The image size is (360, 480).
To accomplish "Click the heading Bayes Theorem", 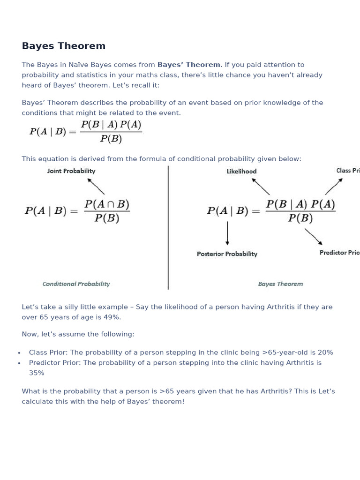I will (64, 46).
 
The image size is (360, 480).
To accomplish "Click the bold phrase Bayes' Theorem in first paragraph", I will (188, 65).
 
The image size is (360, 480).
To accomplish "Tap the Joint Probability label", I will (71, 171).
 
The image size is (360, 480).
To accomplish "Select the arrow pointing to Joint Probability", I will (96, 186).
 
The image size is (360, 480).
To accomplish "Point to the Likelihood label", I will (241, 172).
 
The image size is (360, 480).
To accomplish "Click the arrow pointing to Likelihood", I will (261, 186).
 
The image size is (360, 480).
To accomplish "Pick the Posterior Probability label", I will (227, 254).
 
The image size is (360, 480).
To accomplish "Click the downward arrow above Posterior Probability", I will (227, 233).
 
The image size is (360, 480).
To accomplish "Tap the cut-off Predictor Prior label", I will (339, 253).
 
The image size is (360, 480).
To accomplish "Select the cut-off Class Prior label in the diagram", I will (348, 171).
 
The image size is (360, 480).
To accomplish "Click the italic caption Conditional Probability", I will (76, 284).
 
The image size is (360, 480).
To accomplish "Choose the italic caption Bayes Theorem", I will (280, 284).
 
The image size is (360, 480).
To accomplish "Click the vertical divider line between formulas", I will (168, 227).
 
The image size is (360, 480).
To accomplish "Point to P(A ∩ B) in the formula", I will (107, 204).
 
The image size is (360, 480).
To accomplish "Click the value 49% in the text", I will (112, 317).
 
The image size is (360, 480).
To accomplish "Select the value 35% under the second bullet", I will (37, 373).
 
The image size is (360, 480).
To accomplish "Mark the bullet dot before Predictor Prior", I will (19, 363).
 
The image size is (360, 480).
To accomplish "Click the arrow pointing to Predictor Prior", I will (314, 236).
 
